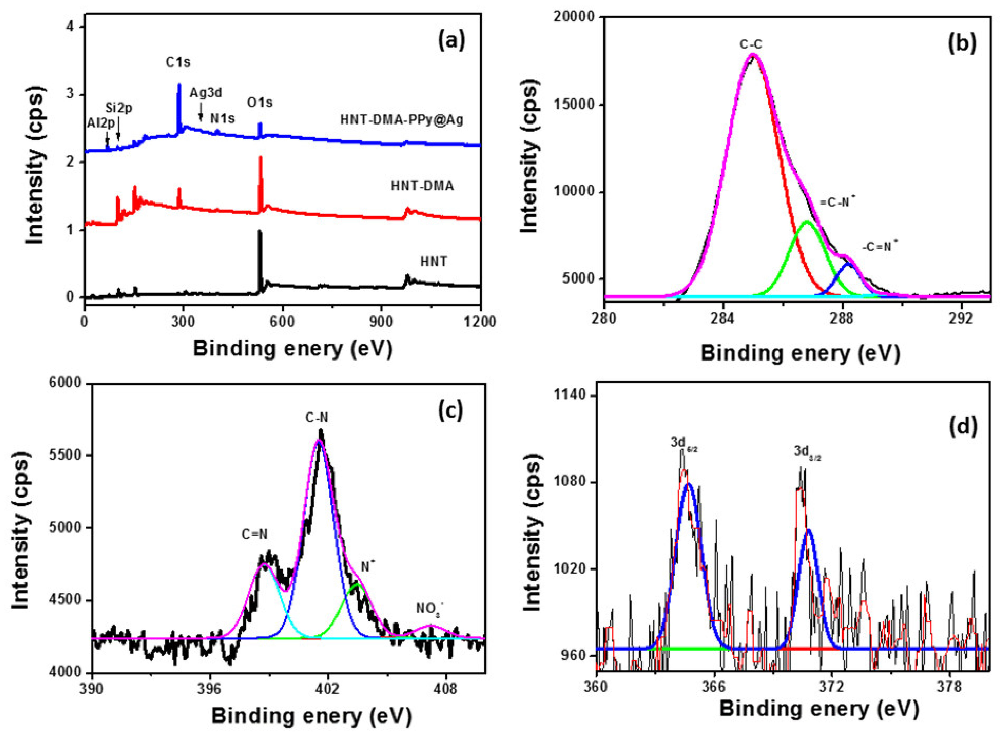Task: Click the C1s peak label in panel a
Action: tap(178, 62)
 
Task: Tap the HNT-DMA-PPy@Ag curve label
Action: tap(401, 120)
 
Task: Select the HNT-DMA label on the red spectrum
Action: tap(422, 185)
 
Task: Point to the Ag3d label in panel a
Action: tap(205, 93)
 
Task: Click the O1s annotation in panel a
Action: tap(260, 103)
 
